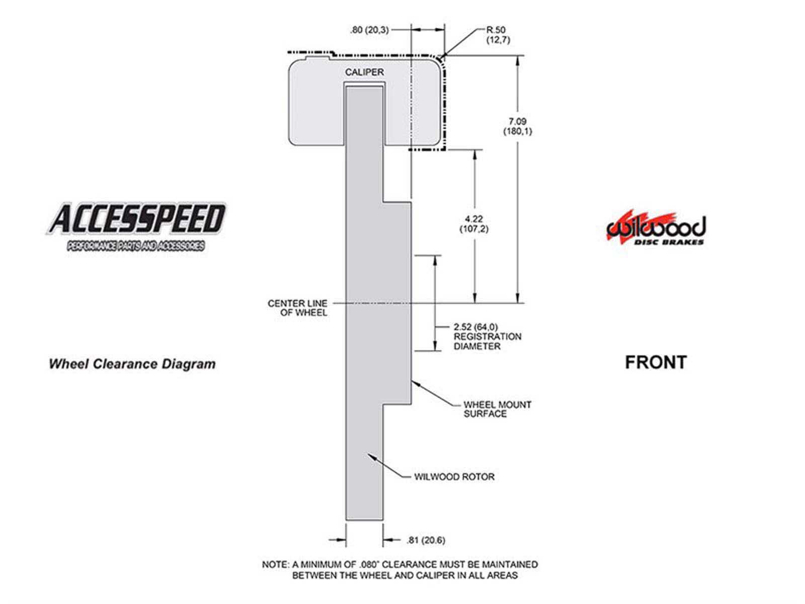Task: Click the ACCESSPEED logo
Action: point(136,226)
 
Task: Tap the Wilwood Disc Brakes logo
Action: point(656,228)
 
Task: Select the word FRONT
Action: point(656,362)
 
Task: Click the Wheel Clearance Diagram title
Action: point(132,364)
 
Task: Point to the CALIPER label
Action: point(364,72)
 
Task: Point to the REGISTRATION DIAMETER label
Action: point(488,341)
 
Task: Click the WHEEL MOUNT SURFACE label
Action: point(497,409)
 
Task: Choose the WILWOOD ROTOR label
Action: point(454,477)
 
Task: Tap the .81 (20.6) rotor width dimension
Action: point(426,540)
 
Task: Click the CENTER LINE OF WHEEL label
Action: point(297,308)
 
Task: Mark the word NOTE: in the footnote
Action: point(275,564)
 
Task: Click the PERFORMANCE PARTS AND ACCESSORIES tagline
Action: point(135,246)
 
